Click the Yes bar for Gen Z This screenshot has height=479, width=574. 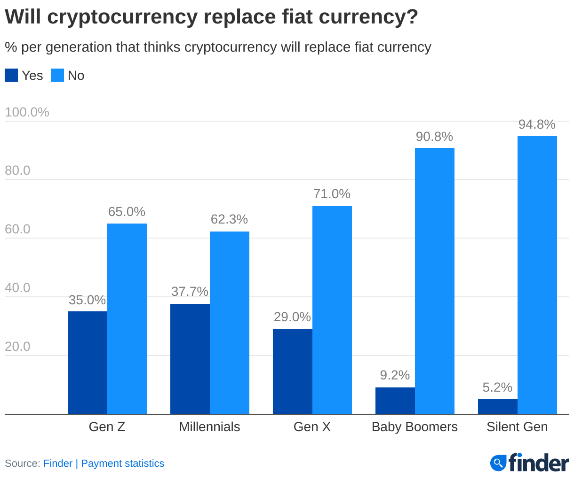(88, 362)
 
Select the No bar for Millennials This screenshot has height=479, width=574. (230, 323)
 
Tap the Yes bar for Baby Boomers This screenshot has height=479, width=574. (395, 401)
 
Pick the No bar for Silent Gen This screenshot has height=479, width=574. (537, 275)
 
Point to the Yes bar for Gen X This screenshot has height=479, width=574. (293, 371)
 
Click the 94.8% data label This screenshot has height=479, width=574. (537, 124)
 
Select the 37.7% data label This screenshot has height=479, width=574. (190, 292)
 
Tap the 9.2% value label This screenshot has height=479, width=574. (395, 375)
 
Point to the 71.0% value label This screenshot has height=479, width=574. (332, 194)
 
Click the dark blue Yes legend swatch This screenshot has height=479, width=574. (11, 76)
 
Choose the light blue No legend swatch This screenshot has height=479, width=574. (57, 76)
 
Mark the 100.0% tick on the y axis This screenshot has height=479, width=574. (27, 112)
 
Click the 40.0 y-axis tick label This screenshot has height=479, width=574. (17, 288)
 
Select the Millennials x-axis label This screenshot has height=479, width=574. (209, 427)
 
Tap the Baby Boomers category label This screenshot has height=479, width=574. (415, 427)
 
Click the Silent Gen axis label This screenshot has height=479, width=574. (517, 427)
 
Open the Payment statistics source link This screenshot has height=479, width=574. (123, 464)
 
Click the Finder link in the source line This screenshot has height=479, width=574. (58, 464)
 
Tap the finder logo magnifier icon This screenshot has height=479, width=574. (498, 463)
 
